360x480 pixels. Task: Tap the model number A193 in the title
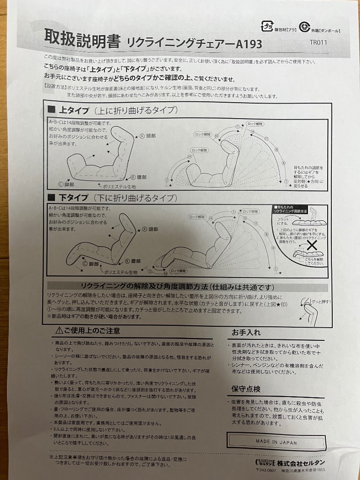(248, 45)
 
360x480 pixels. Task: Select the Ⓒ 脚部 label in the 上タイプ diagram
(67, 184)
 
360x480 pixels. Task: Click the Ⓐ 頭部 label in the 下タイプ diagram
(151, 230)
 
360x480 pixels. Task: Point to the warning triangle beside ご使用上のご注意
(59, 330)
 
